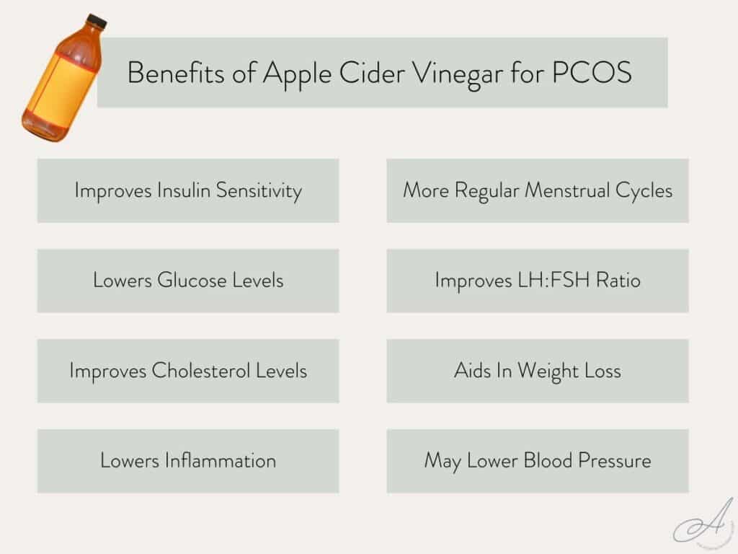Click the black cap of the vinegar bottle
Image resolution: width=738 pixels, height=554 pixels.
point(95,21)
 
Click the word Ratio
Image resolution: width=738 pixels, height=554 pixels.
point(618,281)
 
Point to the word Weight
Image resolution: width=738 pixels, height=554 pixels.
point(543,371)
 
